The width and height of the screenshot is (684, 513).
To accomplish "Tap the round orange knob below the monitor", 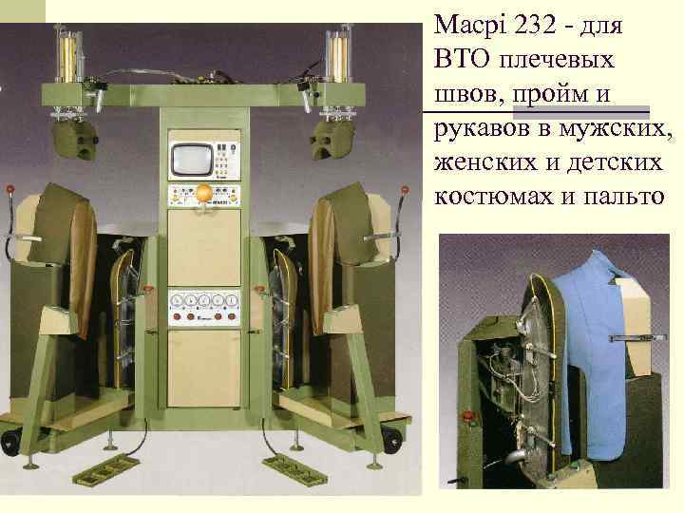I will point(203,194).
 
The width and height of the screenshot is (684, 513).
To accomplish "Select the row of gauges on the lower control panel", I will point(203,303).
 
